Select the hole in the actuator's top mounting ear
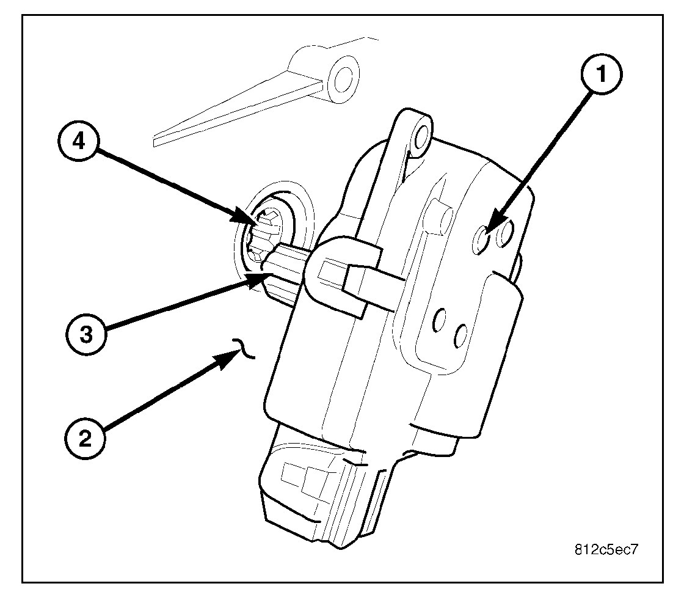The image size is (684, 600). point(420,138)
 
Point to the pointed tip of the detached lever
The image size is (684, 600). point(155,139)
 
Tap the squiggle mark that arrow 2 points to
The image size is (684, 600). point(245,349)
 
